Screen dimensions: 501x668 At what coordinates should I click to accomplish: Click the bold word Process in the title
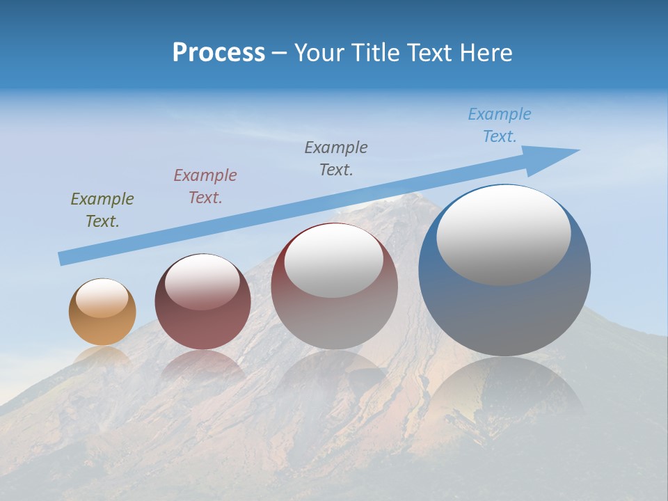[x=218, y=53]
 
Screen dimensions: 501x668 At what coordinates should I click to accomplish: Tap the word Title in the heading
[x=374, y=53]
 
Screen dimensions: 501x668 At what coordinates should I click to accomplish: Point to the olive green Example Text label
[x=102, y=209]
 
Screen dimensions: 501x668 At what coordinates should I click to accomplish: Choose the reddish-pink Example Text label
[x=205, y=186]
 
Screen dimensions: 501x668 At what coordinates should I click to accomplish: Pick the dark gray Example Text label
[x=336, y=158]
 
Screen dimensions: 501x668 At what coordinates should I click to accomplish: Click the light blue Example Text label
[x=500, y=125]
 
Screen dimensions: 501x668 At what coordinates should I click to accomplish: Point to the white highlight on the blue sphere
[x=503, y=235]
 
